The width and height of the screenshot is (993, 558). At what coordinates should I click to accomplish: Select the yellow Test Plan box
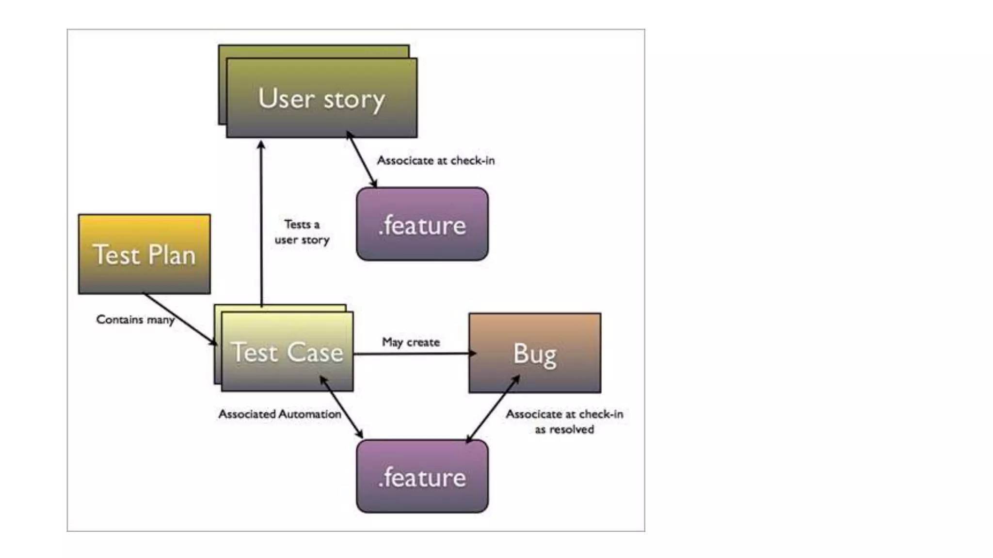point(144,254)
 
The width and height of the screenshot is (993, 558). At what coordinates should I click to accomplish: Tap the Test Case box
point(287,352)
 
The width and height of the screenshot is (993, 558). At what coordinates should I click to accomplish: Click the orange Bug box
point(534,353)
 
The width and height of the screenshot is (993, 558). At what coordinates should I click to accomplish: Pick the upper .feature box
point(422,224)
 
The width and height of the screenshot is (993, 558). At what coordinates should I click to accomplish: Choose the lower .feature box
point(422,477)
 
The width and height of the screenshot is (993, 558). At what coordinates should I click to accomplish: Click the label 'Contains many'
point(135,320)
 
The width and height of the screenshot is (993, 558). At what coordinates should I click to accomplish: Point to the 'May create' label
point(411,342)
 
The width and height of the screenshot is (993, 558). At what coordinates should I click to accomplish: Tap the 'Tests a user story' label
point(302,232)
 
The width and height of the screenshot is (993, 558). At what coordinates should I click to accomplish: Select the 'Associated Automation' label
point(279,414)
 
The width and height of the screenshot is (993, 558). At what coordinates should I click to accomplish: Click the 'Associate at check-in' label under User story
point(435,160)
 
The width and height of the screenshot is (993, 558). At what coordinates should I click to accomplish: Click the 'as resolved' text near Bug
point(564,430)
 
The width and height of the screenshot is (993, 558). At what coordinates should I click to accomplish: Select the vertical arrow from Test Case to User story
point(261,223)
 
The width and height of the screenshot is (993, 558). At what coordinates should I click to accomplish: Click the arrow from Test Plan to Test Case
point(180,319)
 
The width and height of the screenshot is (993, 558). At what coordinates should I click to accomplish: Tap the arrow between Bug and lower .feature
point(492,409)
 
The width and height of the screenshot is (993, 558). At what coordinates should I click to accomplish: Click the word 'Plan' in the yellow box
point(171,255)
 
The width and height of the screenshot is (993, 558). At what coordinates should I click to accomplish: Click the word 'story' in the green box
point(354,100)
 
